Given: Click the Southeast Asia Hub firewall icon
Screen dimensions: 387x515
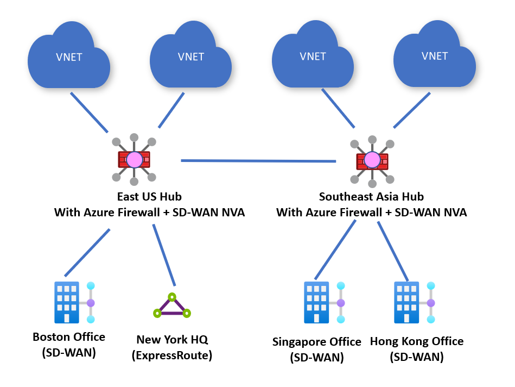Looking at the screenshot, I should pos(372,160).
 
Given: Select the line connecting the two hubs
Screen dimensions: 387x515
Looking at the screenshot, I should pos(258,161).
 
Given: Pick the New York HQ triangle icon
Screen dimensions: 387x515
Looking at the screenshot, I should pos(172,307).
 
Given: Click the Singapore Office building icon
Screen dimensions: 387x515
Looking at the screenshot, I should pos(316,302).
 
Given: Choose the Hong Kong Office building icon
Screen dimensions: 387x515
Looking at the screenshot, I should pos(406,302).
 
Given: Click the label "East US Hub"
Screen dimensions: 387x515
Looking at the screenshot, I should pos(149,196).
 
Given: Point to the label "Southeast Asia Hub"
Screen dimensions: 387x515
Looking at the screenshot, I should pos(371,196).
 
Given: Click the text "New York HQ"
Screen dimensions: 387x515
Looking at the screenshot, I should pos(172,340).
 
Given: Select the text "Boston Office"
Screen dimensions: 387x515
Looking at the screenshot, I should pos(69,337).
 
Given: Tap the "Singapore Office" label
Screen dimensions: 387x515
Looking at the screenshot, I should pos(316,342).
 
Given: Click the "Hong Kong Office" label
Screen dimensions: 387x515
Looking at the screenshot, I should pos(417,341).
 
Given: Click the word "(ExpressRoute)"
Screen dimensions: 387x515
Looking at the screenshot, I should pos(172,356).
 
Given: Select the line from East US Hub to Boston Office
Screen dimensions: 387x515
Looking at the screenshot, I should pos(87,252).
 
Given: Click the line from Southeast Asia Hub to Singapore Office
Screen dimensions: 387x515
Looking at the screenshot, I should pos(335,249).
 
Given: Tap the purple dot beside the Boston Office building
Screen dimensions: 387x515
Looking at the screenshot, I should pos(91,302).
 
